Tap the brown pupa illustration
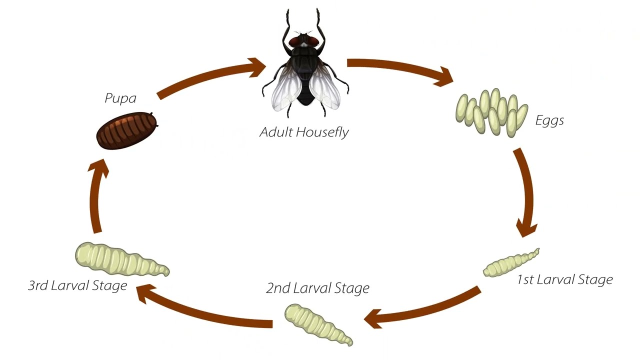[126, 130]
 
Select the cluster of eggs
[491, 113]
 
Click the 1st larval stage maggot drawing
[510, 263]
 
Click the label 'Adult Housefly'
[304, 132]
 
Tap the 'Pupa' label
[120, 98]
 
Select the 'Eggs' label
[549, 120]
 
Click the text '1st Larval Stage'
[564, 279]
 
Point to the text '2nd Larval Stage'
[317, 288]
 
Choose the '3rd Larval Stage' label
[77, 285]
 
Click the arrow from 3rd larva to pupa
[96, 197]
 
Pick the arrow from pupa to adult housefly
[210, 77]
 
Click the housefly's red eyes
[304, 40]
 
